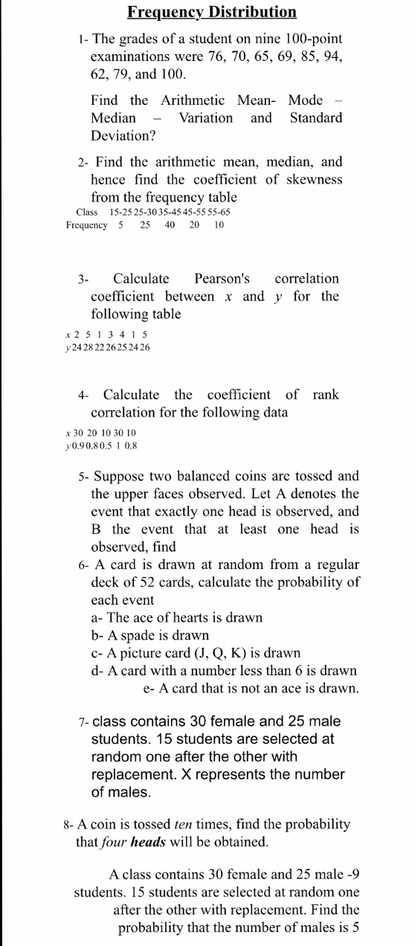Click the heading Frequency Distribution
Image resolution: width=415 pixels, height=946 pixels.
click(211, 12)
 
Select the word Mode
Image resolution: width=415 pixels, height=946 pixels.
click(305, 100)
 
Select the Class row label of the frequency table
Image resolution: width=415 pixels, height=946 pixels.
click(87, 212)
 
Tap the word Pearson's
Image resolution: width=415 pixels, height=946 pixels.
click(222, 278)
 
